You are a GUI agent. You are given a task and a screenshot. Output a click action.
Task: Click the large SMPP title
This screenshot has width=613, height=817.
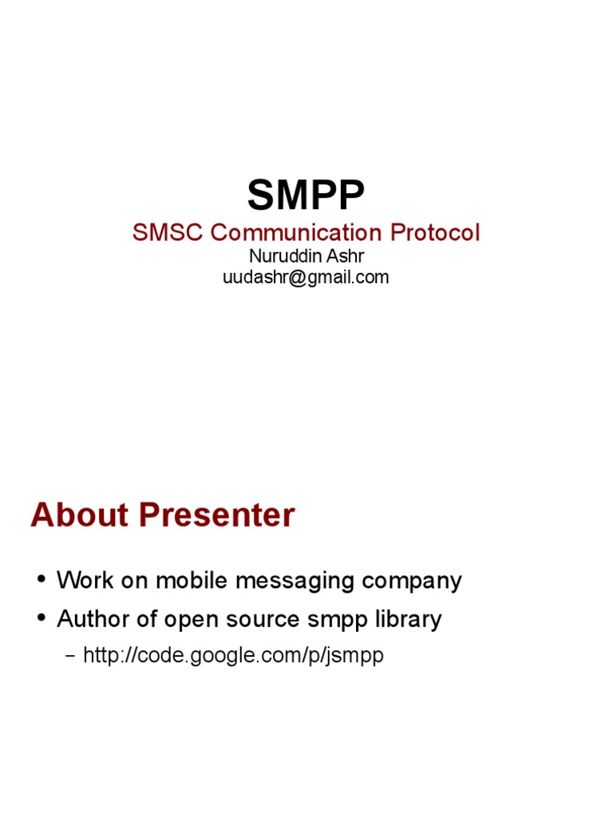pyautogui.click(x=306, y=195)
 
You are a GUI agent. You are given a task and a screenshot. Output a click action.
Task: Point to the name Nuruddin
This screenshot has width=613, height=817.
pyautogui.click(x=282, y=257)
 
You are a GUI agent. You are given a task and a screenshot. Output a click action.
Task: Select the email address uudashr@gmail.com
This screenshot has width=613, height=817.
pyautogui.click(x=306, y=278)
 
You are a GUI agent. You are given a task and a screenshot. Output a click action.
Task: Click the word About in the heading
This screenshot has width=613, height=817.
pyautogui.click(x=77, y=515)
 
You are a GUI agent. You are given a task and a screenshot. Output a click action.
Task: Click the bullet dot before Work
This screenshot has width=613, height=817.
pyautogui.click(x=41, y=580)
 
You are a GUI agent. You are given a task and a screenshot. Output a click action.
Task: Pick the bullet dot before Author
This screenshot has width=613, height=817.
pyautogui.click(x=41, y=619)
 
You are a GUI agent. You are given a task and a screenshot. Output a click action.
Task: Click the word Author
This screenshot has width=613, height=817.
pyautogui.click(x=93, y=619)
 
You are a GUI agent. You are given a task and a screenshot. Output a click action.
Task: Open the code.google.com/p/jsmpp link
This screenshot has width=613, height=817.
pyautogui.click(x=234, y=656)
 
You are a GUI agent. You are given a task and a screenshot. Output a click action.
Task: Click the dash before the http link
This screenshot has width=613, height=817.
pyautogui.click(x=69, y=657)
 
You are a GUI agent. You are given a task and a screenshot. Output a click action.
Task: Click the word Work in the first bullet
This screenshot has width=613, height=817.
pyautogui.click(x=84, y=580)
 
